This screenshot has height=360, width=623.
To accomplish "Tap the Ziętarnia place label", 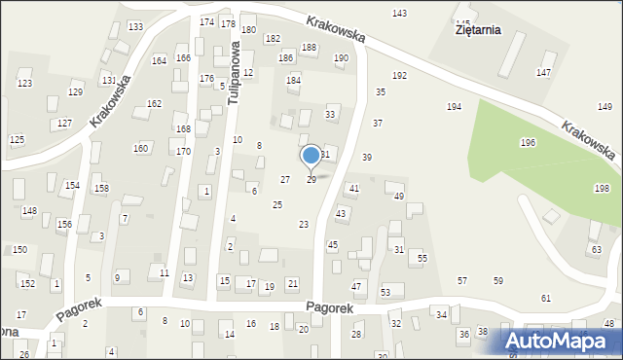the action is [477, 29].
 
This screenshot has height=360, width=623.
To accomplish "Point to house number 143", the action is [399, 13].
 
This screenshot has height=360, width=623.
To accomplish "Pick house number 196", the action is [528, 143].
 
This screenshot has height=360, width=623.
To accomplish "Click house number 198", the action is [602, 188].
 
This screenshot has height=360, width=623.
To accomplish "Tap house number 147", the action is [544, 73].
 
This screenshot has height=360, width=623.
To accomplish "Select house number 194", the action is [454, 106].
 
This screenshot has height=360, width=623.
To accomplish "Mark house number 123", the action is [24, 84].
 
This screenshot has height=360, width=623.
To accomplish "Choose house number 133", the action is [135, 26].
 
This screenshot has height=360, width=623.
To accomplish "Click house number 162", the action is [154, 103].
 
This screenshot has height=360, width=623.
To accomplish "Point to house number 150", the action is [19, 250].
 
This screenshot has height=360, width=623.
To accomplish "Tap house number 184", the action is [293, 80].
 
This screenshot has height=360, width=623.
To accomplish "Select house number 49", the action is [399, 197].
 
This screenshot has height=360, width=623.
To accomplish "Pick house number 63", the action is [596, 250].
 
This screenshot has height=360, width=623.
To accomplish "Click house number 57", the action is [462, 280].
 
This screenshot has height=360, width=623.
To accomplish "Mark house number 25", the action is [277, 204].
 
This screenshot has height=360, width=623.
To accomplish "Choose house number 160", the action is [141, 148].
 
